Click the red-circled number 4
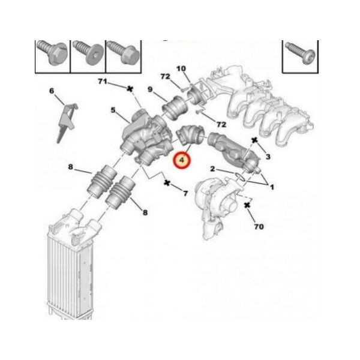[182, 160]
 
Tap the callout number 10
[181, 68]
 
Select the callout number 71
[103, 81]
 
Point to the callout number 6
[52, 91]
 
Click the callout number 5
[113, 110]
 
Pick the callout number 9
[150, 89]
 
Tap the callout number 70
[259, 227]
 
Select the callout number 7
[185, 193]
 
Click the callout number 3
[268, 157]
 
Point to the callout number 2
[212, 169]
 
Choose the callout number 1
[272, 187]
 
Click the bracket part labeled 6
[67, 122]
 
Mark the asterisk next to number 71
[130, 89]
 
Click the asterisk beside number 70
[247, 205]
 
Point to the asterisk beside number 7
[167, 183]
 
